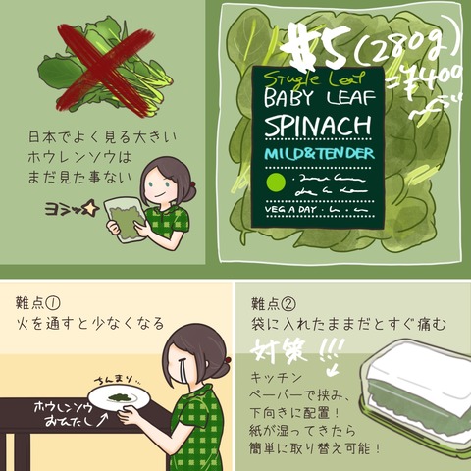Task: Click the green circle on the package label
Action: coord(276,183)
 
